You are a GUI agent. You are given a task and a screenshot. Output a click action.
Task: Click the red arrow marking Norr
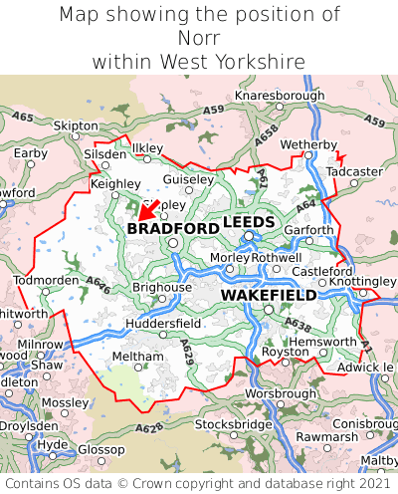pyautogui.click(x=147, y=210)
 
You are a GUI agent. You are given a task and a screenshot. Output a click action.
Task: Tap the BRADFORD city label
pyautogui.click(x=172, y=228)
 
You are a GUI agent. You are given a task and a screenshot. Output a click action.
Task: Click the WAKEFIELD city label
pyautogui.click(x=269, y=296)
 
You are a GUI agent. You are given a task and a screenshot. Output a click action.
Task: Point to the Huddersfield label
pyautogui.click(x=163, y=324)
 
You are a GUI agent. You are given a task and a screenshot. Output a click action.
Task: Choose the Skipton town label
pyautogui.click(x=76, y=126)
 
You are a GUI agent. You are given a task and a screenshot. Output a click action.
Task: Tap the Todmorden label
pyautogui.click(x=46, y=280)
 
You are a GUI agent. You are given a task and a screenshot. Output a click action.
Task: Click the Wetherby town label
pyautogui.click(x=309, y=145)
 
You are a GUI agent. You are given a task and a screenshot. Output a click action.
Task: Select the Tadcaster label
pyautogui.click(x=354, y=171)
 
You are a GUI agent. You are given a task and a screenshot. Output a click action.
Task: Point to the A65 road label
pyautogui.click(x=23, y=118)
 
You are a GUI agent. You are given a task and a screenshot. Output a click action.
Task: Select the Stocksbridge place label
pyautogui.click(x=233, y=424)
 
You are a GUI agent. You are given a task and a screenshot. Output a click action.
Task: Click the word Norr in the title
pyautogui.click(x=199, y=38)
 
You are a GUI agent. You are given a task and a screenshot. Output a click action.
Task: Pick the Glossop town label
pyautogui.click(x=101, y=449)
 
